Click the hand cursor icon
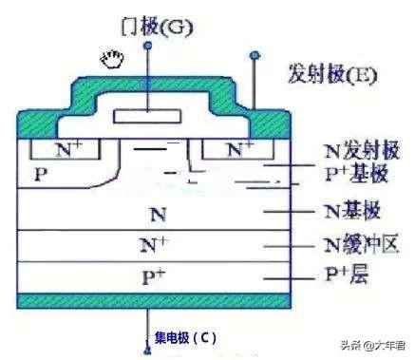click(x=112, y=62)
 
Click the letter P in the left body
click(x=40, y=175)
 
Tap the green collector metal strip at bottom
click(x=147, y=302)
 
